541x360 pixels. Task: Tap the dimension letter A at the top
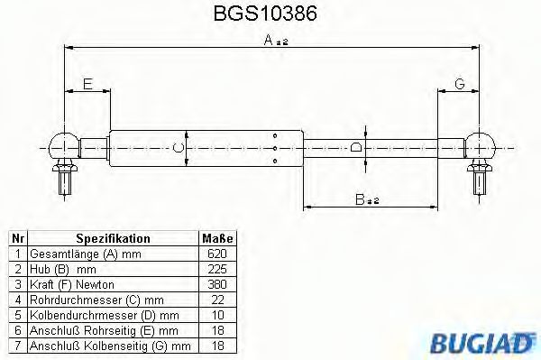tap(269, 40)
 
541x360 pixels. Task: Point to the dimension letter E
tap(87, 84)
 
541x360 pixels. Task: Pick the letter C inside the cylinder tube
tap(179, 147)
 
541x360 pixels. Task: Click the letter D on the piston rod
tap(356, 147)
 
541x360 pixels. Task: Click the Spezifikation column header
tap(112, 238)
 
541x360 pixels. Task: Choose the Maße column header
tap(216, 238)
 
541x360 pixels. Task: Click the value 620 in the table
tap(216, 254)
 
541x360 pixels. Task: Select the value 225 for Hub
tap(216, 269)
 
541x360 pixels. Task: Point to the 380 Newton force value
tap(216, 284)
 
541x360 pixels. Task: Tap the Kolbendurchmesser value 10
tap(216, 315)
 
